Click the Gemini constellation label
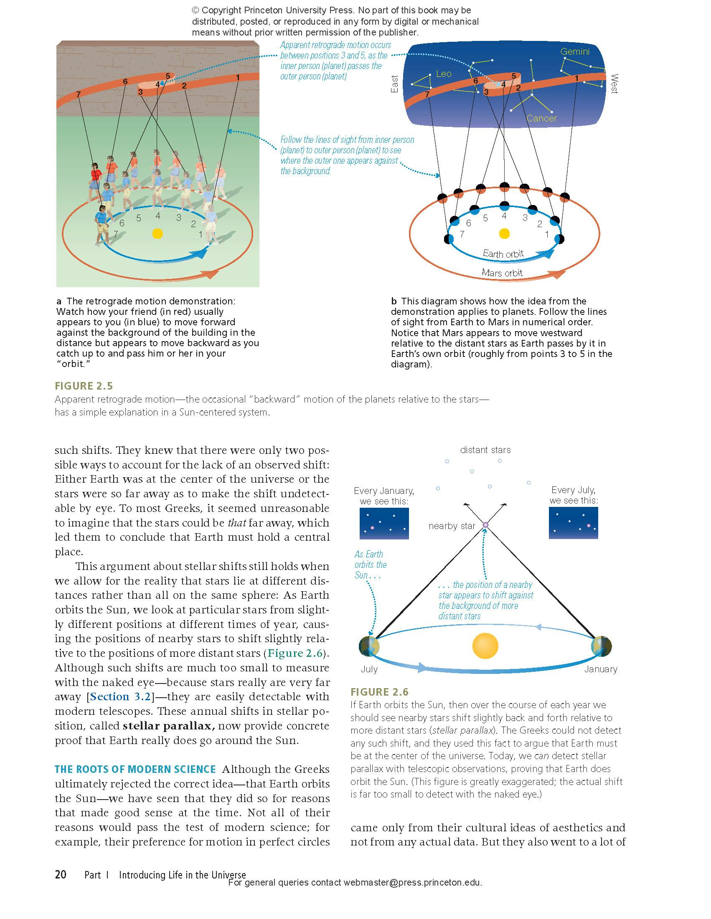coord(575,52)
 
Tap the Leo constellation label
coord(444,74)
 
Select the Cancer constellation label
coord(541,119)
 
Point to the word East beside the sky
coord(394,84)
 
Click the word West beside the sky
coord(614,84)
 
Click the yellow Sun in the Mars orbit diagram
coord(504,233)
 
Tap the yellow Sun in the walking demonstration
coord(157,233)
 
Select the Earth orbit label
coord(503,253)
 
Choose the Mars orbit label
coord(502,273)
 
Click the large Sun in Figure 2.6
coord(485,646)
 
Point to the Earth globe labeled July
coord(369,646)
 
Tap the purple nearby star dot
coord(485,525)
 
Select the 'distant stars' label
coord(485,450)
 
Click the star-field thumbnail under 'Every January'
coord(384,524)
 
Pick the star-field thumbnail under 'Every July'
coord(573,523)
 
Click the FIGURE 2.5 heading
coord(84,386)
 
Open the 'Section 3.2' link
coord(120,696)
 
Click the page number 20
coord(61,875)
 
